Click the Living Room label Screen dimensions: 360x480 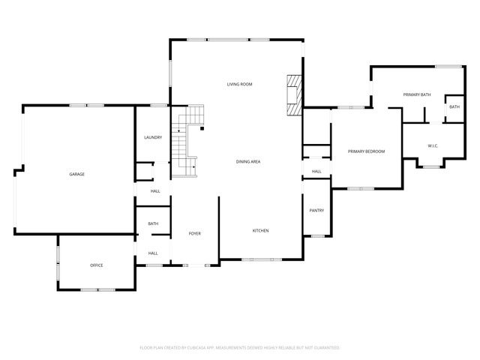(240, 84)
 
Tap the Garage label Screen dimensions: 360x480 (76, 174)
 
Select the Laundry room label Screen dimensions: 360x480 (153, 138)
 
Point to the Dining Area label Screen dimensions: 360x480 (248, 162)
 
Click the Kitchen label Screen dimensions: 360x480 (260, 230)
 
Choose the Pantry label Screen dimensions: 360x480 (316, 211)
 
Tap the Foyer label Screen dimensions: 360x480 (195, 234)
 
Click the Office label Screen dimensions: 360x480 (97, 265)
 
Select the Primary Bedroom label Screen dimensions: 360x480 (366, 151)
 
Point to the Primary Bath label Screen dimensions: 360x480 (416, 94)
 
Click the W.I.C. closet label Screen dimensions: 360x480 (433, 145)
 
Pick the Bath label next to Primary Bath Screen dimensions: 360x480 (454, 107)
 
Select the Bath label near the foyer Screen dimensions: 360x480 (153, 223)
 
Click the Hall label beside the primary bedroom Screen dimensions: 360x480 (316, 172)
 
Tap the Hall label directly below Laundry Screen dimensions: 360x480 (155, 191)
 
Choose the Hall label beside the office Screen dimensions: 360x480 (153, 253)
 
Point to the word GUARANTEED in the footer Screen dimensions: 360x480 (325, 348)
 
